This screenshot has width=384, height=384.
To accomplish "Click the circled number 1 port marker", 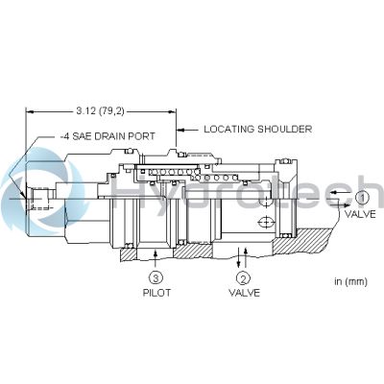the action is (362, 198).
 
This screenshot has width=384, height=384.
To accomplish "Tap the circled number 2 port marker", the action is (243, 278).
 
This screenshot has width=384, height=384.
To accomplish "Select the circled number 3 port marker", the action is (156, 278).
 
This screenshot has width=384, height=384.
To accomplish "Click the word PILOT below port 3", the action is (156, 293).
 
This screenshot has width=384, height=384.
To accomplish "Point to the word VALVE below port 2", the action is (244, 293).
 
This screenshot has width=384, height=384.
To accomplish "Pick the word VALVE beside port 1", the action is (360, 214).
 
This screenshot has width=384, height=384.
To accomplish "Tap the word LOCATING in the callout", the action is (229, 129).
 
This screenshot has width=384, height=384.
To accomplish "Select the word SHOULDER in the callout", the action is (285, 129).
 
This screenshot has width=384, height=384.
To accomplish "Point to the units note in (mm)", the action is (351, 281).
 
